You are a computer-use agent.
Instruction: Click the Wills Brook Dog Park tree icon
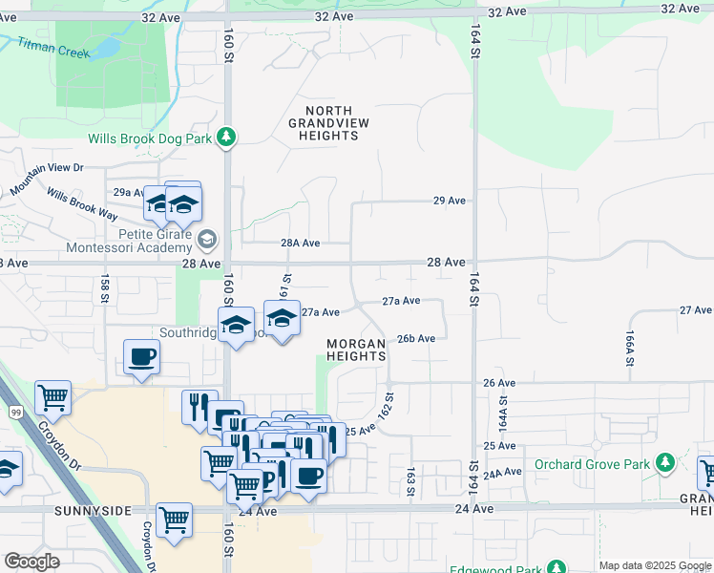click(x=226, y=138)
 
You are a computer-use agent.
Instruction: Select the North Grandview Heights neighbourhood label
click(x=324, y=123)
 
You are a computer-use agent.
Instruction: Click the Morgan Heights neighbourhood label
click(x=356, y=350)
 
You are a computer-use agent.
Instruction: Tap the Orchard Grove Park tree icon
click(x=666, y=464)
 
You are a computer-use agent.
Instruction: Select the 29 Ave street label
click(x=449, y=201)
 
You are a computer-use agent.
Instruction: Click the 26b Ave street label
click(x=416, y=338)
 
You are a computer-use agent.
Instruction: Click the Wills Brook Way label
click(x=81, y=204)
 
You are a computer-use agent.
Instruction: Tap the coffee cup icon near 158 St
click(x=141, y=358)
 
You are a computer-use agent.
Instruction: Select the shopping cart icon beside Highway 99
click(x=53, y=397)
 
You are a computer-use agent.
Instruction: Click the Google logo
click(x=32, y=562)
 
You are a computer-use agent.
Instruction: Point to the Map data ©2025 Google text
click(x=654, y=565)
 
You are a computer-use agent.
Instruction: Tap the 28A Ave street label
click(x=300, y=243)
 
